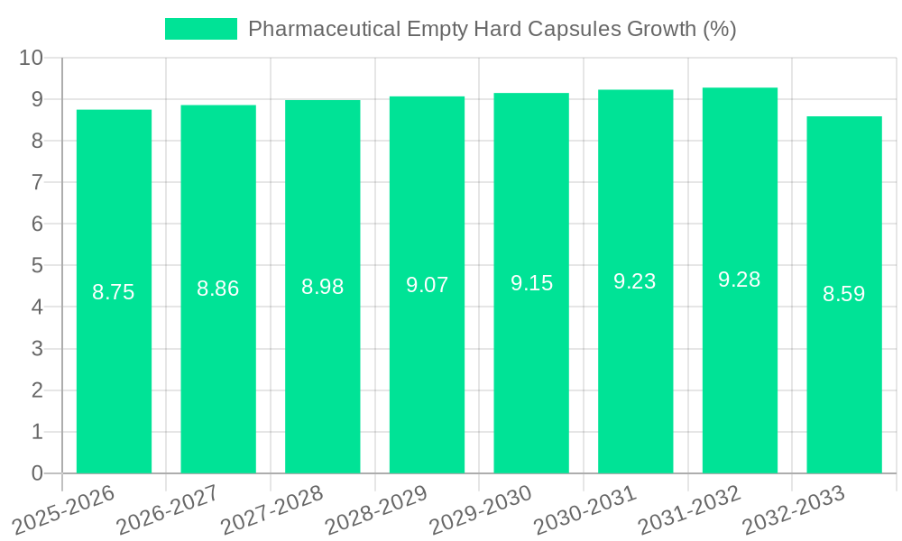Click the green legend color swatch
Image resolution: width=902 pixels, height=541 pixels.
200,29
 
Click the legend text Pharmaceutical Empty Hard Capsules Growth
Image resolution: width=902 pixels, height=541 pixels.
492,29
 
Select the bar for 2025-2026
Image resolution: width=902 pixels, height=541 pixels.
114,379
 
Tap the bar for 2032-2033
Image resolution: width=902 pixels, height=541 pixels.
844,379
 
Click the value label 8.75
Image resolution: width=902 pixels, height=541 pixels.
114,292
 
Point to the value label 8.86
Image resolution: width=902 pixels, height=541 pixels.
218,289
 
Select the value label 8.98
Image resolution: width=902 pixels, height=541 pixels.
323,287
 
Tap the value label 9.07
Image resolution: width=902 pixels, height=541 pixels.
427,285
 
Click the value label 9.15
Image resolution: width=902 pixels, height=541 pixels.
531,283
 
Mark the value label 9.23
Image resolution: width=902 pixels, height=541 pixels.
635,281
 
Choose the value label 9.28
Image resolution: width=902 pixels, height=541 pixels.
740,280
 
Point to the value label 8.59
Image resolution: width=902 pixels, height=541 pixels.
844,294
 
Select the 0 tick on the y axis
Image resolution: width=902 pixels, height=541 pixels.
37,473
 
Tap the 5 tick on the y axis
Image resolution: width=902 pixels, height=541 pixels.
37,266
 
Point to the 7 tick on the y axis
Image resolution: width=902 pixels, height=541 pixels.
37,182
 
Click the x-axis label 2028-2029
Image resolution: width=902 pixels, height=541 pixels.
376,509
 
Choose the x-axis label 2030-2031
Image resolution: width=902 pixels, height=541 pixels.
584,509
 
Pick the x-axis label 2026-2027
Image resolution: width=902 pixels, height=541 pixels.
168,509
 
